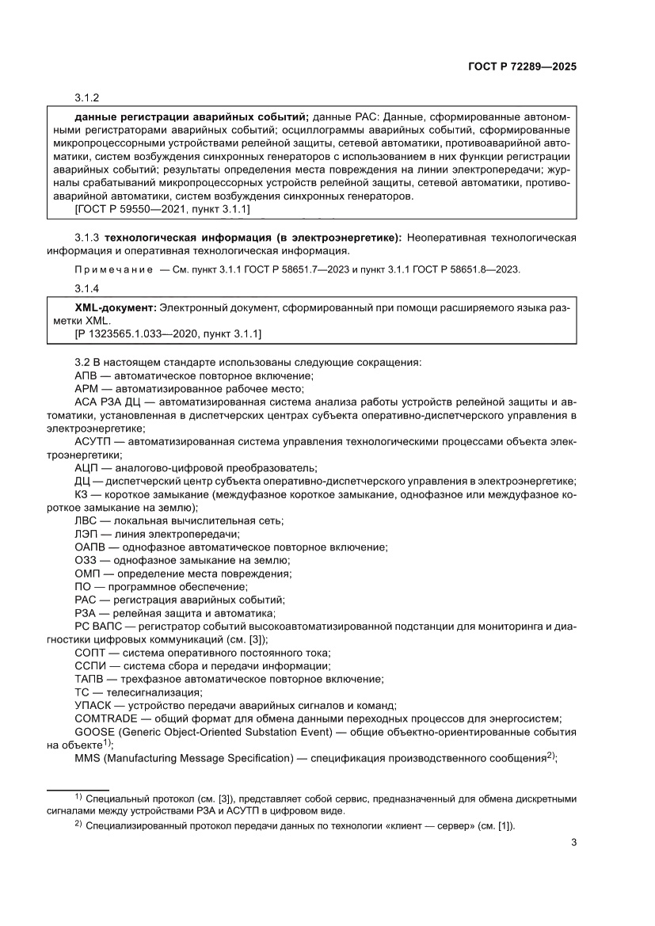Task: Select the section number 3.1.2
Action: coord(86,97)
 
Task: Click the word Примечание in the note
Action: coord(105,269)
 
